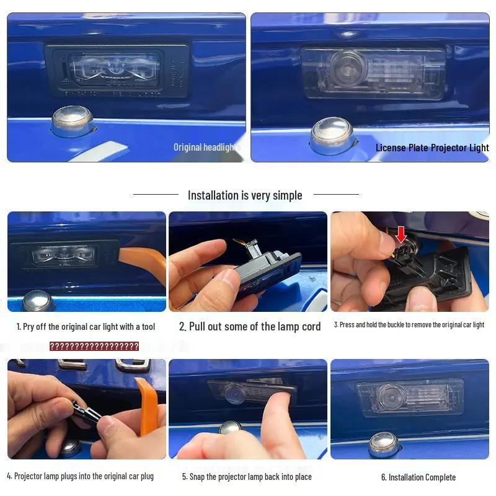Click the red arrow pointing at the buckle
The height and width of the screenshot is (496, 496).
point(401,234)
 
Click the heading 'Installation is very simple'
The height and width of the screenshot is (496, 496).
point(245,195)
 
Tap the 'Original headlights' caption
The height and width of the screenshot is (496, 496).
point(206,148)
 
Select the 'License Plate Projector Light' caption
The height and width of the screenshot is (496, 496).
point(432,148)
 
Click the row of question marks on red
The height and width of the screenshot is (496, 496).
point(94,346)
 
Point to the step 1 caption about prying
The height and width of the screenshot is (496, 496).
point(86,327)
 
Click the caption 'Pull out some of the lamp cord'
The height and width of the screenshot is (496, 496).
point(250,327)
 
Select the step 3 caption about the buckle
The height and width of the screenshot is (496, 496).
point(409,325)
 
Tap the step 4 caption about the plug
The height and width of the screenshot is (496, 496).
point(80,476)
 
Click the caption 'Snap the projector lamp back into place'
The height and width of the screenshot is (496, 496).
point(247,477)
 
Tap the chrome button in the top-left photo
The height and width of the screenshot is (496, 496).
point(72,120)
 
